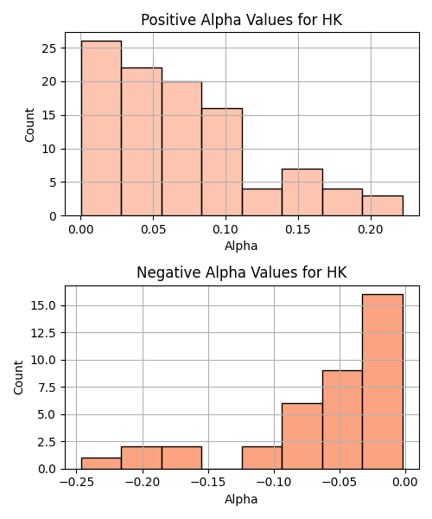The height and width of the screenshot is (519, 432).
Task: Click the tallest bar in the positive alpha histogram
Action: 101,128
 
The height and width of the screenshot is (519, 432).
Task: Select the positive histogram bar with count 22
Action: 142,142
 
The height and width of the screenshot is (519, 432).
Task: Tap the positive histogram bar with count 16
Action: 222,163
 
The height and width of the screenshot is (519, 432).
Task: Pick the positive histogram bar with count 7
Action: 302,192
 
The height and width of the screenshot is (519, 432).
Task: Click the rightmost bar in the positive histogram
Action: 383,206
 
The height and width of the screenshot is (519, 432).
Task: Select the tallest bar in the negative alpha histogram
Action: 383,381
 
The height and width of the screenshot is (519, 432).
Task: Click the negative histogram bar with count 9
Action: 342,420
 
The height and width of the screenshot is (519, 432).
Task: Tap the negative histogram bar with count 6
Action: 302,436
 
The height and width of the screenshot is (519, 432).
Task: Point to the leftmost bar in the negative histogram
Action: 101,464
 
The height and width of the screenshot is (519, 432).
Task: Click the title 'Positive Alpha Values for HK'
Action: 242,20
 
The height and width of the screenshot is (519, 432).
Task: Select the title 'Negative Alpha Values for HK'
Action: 242,272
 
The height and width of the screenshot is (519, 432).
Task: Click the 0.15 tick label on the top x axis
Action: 298,229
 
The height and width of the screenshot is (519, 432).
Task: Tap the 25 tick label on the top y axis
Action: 49,48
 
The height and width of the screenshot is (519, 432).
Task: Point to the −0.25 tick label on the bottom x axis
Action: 77,483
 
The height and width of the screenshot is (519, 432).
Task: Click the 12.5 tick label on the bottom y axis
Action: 43,333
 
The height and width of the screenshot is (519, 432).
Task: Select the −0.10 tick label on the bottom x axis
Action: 274,483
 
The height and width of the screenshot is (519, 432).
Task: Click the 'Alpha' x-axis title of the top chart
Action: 241,246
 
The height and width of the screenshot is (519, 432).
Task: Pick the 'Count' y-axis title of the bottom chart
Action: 18,377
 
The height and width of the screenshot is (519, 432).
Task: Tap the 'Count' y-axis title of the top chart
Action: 29,125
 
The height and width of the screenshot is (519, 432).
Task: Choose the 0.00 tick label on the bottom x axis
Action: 405,483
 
